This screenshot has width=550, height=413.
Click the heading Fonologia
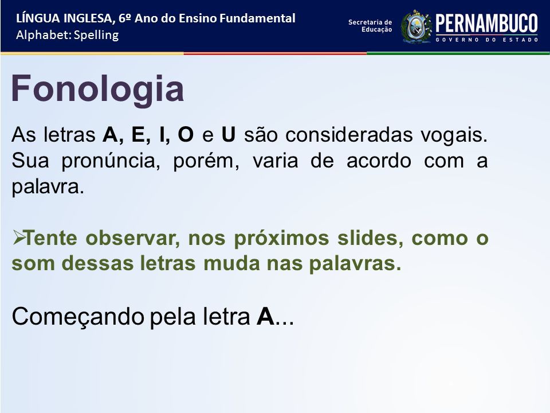click(97, 89)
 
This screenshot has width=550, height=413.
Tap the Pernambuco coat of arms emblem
click(417, 27)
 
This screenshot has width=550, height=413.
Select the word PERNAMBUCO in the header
click(486, 24)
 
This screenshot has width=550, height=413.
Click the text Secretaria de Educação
click(370, 26)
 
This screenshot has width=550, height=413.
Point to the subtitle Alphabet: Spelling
click(68, 35)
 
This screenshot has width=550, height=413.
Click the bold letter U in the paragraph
click(229, 134)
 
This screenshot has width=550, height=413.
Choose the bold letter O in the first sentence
click(186, 134)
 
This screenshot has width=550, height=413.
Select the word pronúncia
click(111, 161)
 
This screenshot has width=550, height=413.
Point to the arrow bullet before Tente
click(18, 237)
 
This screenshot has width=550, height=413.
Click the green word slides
click(370, 238)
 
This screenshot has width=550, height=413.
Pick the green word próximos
click(281, 239)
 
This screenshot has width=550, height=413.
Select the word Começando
click(78, 317)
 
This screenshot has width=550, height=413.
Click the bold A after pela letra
click(265, 317)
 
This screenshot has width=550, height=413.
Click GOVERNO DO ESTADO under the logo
click(487, 40)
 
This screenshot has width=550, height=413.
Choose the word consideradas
click(349, 134)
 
